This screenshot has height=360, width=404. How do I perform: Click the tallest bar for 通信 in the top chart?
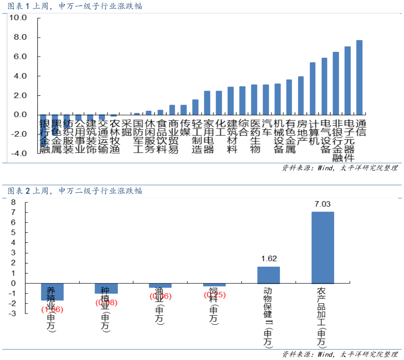point(359,77)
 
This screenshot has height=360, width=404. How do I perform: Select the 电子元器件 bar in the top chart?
point(347,80)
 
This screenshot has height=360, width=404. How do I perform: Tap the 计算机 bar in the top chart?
point(312,88)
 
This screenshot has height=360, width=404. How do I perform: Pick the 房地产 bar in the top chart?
point(301,95)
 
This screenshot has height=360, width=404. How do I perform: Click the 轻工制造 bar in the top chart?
point(195,107)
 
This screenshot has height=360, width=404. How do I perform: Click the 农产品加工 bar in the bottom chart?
point(322,247)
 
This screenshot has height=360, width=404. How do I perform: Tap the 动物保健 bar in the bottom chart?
point(268,275)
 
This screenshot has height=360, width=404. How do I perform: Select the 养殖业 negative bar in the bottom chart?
point(52,292)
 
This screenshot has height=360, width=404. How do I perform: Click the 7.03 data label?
point(322,204)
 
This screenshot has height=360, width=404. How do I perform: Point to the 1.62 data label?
point(269,259)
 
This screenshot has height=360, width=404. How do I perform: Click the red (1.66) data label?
point(52,309)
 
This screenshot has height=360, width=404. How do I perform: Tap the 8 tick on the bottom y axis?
point(13,202)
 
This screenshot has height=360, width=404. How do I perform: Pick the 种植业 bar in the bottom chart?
point(106,288)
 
